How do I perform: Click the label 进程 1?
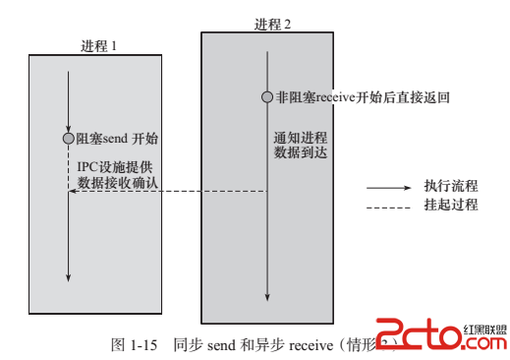click(100, 45)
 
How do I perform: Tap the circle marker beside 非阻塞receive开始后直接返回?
click(267, 97)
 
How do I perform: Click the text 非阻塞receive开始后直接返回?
click(362, 97)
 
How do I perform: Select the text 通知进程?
click(299, 138)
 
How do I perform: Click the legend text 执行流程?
click(450, 186)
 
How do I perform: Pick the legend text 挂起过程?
click(450, 205)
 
